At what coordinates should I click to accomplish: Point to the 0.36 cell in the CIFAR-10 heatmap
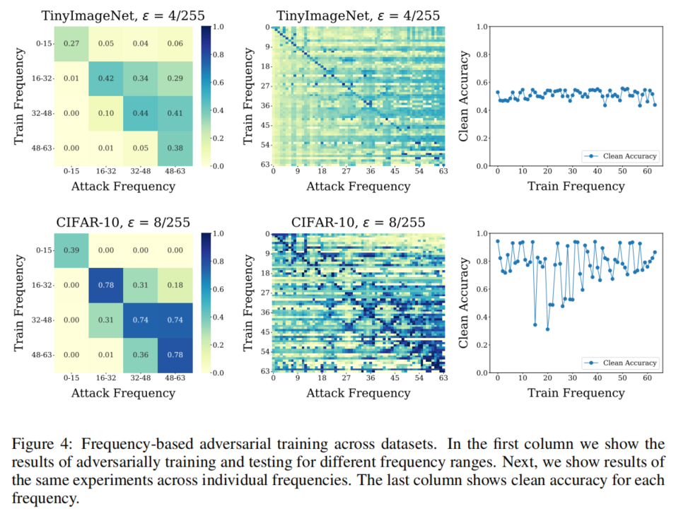click(140, 355)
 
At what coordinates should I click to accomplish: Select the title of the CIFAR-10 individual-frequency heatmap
click(359, 223)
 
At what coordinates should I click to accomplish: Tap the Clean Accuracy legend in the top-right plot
click(620, 156)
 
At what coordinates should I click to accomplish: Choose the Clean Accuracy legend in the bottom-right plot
click(620, 363)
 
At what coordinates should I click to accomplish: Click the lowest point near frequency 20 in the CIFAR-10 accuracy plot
click(547, 329)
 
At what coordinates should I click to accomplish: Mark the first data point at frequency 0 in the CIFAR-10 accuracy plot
click(498, 241)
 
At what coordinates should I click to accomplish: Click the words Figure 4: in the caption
click(40, 444)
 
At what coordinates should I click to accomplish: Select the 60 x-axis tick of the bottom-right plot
click(646, 379)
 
